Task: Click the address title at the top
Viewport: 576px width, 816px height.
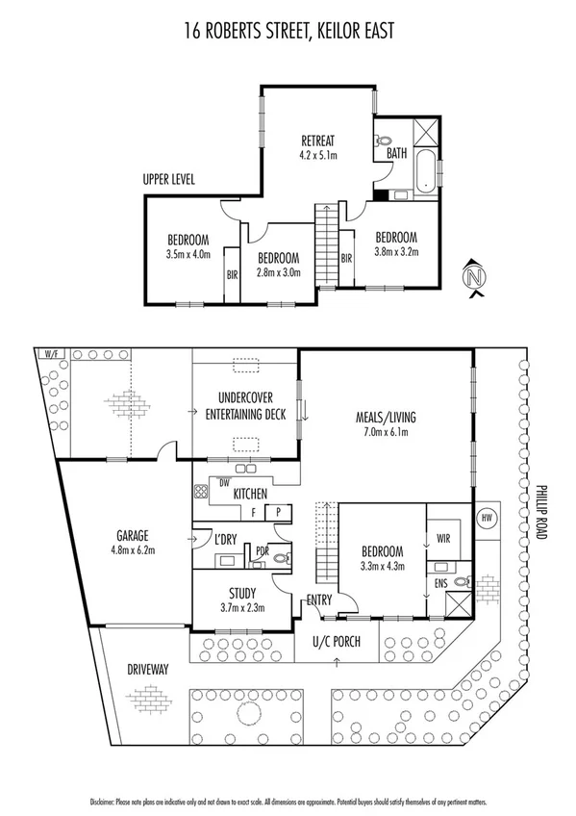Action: pyautogui.click(x=288, y=33)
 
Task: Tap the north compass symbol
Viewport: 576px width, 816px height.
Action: pyautogui.click(x=472, y=278)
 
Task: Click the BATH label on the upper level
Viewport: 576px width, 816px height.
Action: pyautogui.click(x=396, y=153)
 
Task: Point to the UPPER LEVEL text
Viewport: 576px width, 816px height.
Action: pyautogui.click(x=170, y=179)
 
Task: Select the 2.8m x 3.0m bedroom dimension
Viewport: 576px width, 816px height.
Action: pyautogui.click(x=278, y=272)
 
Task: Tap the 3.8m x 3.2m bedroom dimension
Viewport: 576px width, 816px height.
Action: pyautogui.click(x=395, y=251)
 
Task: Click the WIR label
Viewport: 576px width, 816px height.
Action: pyautogui.click(x=443, y=539)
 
